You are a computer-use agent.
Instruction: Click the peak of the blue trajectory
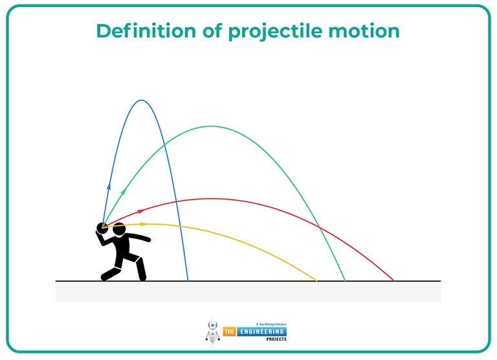coord(142,100)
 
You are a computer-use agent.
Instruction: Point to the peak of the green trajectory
coord(210,126)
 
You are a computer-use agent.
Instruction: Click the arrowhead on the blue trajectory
coord(109,186)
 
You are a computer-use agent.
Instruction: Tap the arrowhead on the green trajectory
coord(122,192)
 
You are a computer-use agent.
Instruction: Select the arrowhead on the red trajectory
coord(140,211)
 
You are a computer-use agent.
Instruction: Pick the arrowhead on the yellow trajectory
coord(144,223)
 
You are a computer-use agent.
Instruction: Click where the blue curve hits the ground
coord(188,280)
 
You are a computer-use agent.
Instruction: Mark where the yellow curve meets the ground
coord(316,280)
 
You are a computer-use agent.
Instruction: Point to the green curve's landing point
coord(345,280)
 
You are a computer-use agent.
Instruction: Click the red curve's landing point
coord(393,280)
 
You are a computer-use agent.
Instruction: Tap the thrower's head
coord(118,229)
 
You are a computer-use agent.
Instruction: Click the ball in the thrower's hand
coord(102,227)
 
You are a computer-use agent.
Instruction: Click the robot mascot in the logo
coord(213,331)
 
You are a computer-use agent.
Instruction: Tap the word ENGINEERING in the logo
coord(261,332)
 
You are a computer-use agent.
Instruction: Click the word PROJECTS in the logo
coord(272,339)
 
